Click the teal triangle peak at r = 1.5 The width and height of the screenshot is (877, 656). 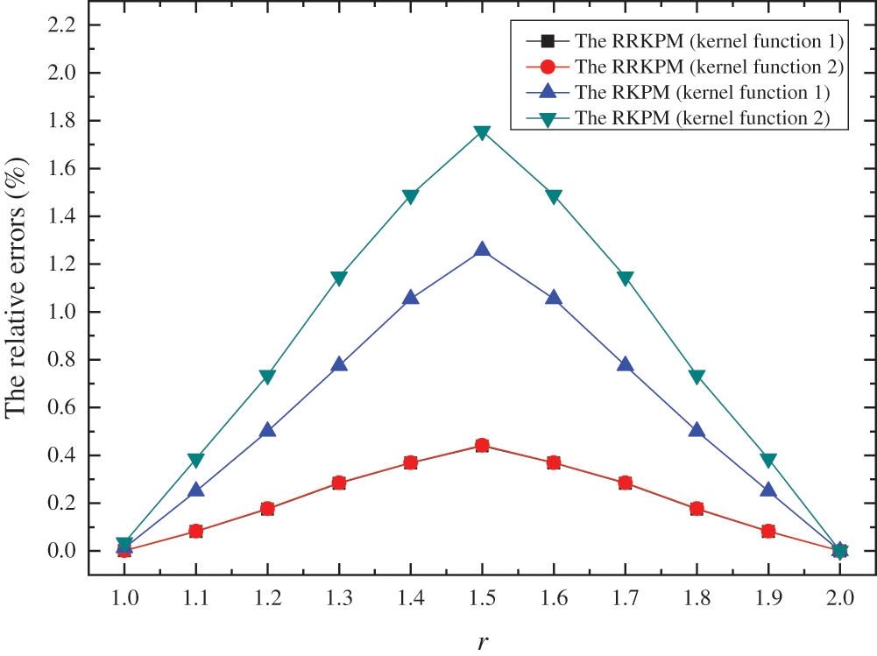tap(482, 133)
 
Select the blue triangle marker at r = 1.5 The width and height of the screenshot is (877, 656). tap(482, 250)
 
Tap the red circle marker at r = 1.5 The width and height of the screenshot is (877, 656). tap(482, 446)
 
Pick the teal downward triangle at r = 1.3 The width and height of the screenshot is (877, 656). tap(339, 279)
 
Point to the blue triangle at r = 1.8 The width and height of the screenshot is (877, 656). tap(697, 430)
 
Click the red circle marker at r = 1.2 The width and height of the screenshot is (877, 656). tap(267, 509)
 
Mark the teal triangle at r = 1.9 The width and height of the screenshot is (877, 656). tap(768, 461)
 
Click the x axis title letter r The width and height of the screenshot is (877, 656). tap(483, 641)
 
